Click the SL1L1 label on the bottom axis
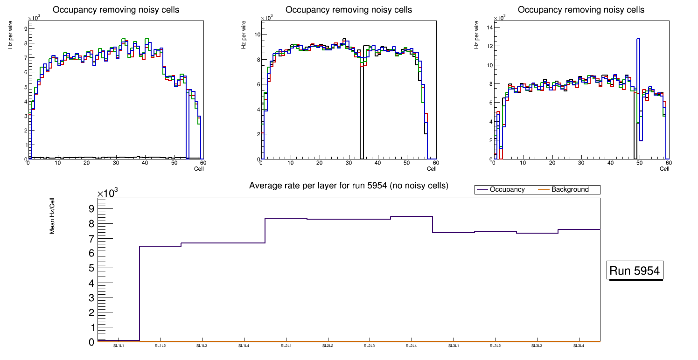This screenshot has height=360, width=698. pos(119,346)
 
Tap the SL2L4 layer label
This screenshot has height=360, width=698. pos(412,346)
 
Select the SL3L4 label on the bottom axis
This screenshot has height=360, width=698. pos(579,346)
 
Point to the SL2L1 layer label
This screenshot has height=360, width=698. pos(286,346)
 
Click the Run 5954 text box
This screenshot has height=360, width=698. pos(634,270)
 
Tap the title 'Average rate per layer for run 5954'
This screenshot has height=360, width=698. pos(349,186)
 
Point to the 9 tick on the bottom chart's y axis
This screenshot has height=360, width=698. pos(91,208)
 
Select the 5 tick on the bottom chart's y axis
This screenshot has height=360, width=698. pos(91,268)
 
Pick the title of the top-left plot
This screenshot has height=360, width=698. pos(115,9)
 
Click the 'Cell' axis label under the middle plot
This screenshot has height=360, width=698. pos(432,169)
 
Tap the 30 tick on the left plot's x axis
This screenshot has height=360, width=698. pos(115,163)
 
